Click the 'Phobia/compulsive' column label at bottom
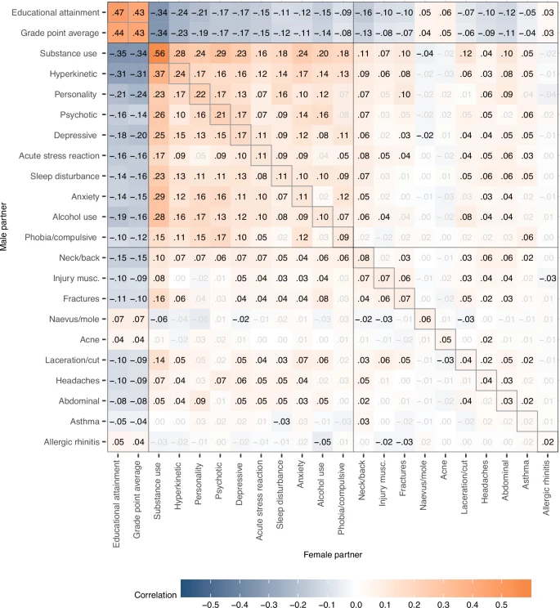[345, 494]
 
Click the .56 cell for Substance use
[158, 53]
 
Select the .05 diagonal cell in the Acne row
[446, 340]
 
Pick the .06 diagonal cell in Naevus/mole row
[424, 319]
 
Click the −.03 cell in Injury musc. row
[549, 278]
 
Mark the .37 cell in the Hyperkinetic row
[158, 74]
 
